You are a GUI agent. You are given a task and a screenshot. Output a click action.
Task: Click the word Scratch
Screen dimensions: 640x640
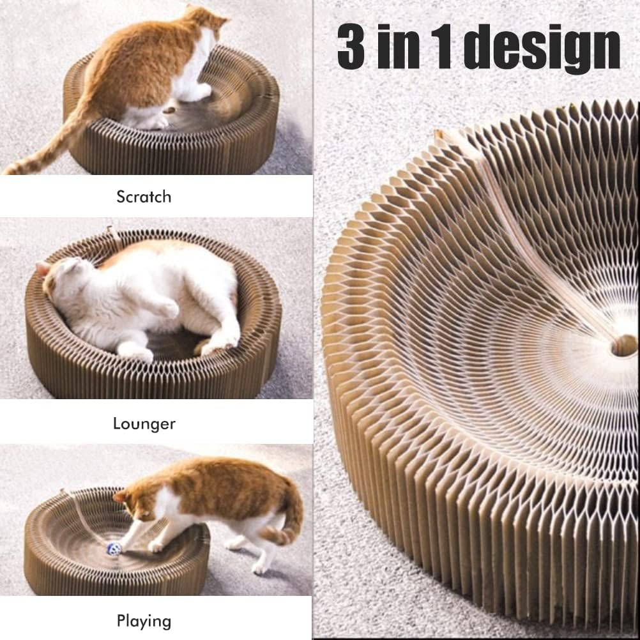click(144, 197)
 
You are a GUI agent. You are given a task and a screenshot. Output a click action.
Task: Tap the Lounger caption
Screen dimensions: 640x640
click(144, 423)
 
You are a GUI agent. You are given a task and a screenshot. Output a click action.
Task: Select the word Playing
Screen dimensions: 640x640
click(144, 620)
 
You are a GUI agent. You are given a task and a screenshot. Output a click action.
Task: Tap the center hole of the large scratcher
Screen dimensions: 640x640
click(623, 346)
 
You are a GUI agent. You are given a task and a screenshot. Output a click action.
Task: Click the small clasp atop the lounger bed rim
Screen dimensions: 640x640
click(112, 231)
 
